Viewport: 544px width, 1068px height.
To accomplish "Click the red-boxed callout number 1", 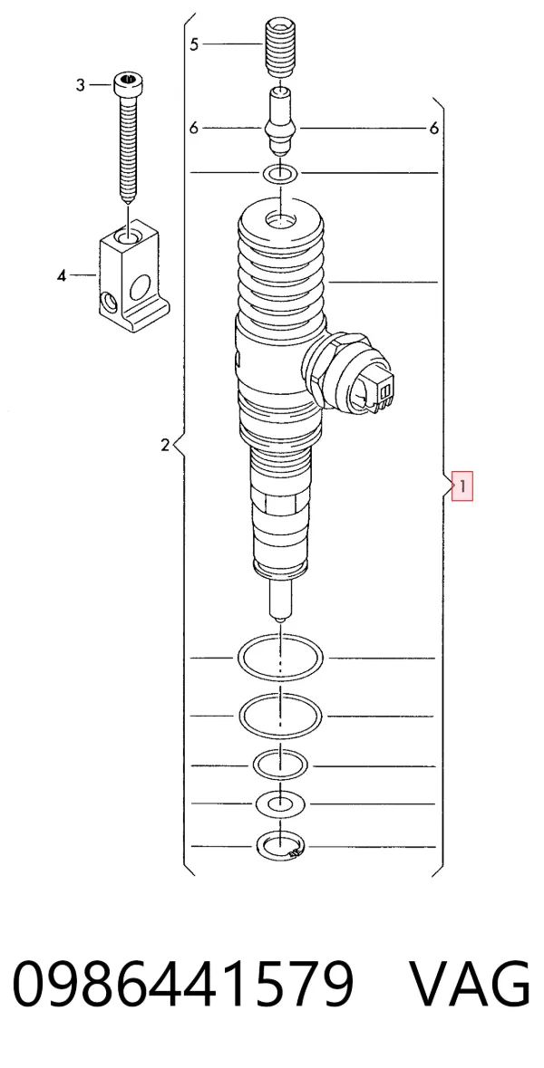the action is click(462, 486).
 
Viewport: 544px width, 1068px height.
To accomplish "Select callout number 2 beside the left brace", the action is click(165, 446).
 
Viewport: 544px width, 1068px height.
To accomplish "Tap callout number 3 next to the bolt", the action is click(81, 85).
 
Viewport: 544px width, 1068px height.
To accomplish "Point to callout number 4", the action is click(62, 275).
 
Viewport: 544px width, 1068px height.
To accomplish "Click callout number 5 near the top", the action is click(194, 44).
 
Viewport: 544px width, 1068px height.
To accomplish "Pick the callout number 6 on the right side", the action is click(434, 128).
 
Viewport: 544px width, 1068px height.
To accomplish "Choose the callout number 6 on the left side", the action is click(194, 128).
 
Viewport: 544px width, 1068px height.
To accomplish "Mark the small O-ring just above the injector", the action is click(280, 174).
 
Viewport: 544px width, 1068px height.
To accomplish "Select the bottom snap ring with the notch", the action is click(280, 847).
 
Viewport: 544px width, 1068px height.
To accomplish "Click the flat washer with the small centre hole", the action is click(279, 804).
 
